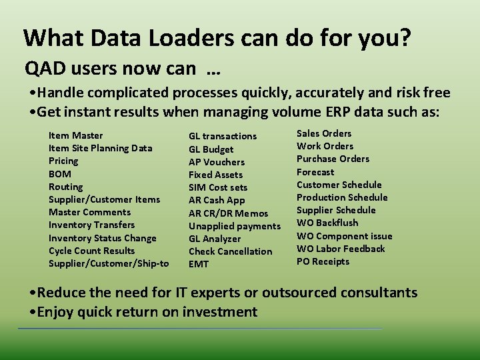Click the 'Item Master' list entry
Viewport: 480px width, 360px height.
75,135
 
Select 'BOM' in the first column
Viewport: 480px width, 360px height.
59,174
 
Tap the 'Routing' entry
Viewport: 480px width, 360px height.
65,187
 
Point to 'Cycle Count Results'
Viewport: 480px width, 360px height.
91,251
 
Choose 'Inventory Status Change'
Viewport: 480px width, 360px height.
102,238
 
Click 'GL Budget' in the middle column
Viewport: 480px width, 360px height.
211,149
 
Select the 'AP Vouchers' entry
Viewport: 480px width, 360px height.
216,162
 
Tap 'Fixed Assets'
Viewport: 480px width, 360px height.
215,175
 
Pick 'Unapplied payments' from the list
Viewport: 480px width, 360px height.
234,226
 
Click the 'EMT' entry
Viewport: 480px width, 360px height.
198,264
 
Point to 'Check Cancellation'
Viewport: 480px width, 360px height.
230,251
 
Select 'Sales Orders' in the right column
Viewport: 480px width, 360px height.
323,133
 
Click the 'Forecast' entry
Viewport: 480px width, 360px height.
315,172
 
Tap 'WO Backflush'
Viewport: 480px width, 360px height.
327,223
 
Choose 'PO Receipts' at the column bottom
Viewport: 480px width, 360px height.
323,261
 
